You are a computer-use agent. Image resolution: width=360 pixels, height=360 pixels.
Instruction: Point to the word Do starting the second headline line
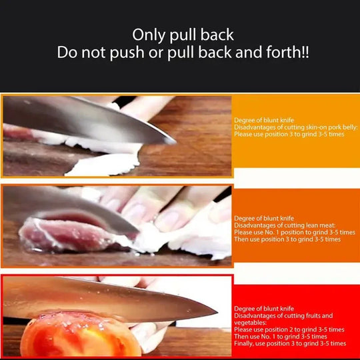[x=67, y=53]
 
